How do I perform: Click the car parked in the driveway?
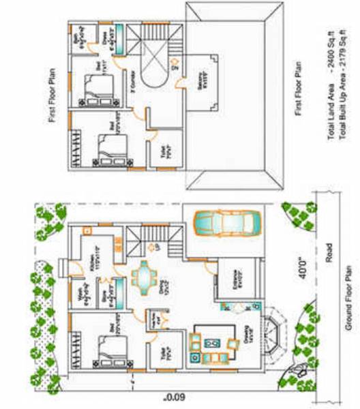(227, 222)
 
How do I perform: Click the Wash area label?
(80, 298)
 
